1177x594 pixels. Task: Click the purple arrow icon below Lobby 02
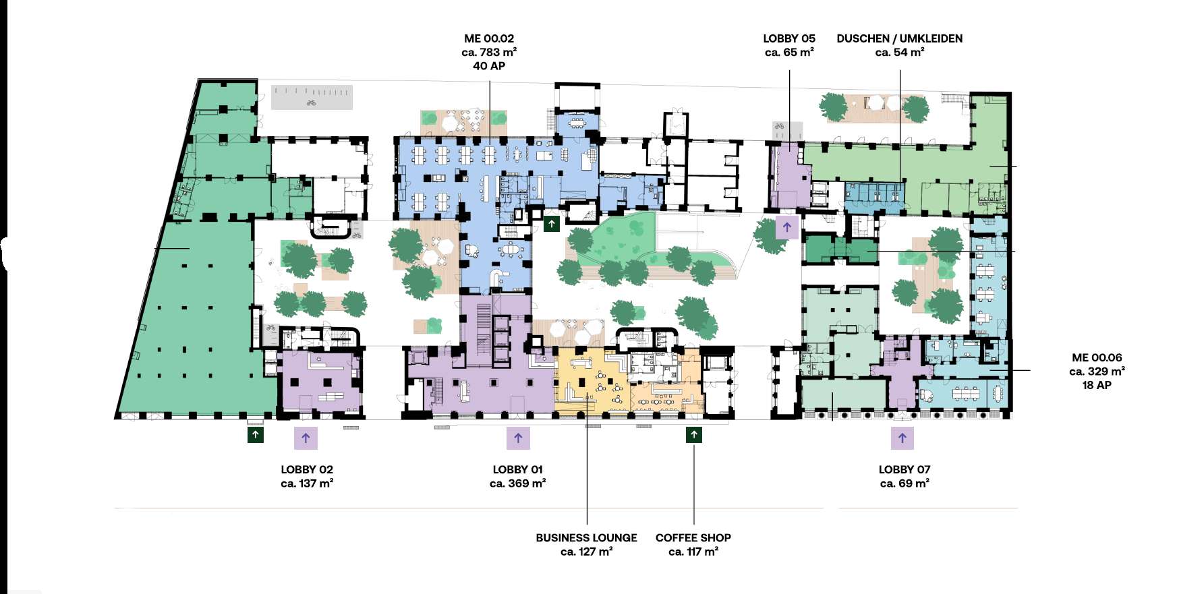(306, 438)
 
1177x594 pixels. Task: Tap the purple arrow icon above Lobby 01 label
(518, 438)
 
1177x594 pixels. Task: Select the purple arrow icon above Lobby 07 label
(902, 438)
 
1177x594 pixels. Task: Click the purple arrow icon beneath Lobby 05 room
(787, 228)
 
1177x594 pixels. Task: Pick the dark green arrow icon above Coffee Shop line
(694, 435)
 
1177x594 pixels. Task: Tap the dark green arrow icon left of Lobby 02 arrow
(256, 435)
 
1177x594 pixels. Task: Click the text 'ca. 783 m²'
(489, 53)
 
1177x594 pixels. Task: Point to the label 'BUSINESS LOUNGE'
(587, 538)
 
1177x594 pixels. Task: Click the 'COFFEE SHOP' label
(693, 538)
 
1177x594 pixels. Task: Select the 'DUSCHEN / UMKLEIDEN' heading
(900, 39)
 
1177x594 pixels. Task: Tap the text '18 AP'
(1097, 386)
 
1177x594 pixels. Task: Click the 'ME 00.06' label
(1097, 358)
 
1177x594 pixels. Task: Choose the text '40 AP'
(489, 66)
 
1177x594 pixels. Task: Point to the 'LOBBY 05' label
(789, 39)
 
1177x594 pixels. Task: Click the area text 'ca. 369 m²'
(518, 483)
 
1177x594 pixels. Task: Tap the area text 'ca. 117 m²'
(693, 552)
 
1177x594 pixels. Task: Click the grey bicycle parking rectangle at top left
(312, 97)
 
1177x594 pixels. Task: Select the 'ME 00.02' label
(489, 39)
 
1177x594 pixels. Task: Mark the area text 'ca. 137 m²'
(307, 483)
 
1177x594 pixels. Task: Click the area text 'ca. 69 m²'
(905, 483)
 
